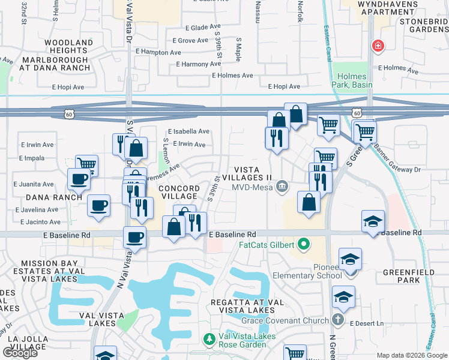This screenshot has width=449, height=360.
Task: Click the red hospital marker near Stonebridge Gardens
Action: pos(378,45)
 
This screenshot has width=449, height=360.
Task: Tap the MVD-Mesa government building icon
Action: pos(282,187)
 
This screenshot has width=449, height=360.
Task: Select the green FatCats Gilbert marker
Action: pos(304,245)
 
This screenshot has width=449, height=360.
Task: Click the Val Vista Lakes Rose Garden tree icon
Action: pos(209,340)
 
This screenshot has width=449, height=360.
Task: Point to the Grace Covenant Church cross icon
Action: pos(338,320)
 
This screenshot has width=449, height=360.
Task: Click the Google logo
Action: pos(20,353)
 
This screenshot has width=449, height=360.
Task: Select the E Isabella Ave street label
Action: pos(188,131)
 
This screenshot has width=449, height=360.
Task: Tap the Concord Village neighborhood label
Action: pos(178,192)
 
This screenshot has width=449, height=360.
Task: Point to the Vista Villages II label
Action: pos(247,174)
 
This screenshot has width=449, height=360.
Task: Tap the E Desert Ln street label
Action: pos(367,323)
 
